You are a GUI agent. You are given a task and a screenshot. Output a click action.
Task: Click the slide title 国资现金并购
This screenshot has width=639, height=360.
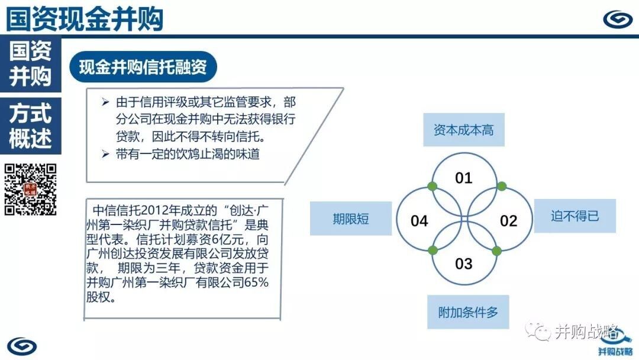coord(85,18)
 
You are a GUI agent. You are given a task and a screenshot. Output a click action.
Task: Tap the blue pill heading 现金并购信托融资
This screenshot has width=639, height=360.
coord(143,67)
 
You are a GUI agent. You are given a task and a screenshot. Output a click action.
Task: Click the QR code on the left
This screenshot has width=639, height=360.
coord(31,189)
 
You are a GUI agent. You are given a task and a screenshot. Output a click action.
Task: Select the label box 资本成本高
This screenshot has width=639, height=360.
coord(464,130)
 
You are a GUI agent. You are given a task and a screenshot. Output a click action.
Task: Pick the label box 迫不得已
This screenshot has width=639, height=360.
coord(575,216)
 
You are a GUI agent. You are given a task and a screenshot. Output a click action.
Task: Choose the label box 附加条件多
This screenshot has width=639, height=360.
coord(468,312)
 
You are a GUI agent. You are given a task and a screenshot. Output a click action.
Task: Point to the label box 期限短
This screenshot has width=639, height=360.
coord(351,218)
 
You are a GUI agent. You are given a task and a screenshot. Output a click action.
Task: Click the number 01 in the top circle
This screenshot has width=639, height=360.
coord(464,178)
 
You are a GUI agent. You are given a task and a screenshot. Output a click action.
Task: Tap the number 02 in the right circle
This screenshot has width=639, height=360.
coord(509,221)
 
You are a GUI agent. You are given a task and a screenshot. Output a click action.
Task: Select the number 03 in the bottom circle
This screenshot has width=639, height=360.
coord(464,263)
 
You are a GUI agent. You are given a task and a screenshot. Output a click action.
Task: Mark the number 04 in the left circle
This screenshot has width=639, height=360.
coord(419,221)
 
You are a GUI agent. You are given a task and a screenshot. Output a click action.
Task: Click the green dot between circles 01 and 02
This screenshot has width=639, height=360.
coord(502,187)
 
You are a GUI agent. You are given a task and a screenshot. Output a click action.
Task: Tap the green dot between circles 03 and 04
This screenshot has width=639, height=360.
coord(433,250)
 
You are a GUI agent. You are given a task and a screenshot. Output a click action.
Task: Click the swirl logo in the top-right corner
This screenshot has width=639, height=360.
coord(618,19)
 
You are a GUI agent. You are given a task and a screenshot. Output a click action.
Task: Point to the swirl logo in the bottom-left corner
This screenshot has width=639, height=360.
coord(22,346)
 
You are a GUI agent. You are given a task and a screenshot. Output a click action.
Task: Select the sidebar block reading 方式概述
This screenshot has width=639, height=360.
coord(31,126)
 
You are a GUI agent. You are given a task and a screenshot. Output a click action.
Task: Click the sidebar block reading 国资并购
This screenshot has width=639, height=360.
coord(31,63)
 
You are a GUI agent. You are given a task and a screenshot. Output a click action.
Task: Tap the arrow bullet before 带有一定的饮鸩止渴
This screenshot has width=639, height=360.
coord(105,154)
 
